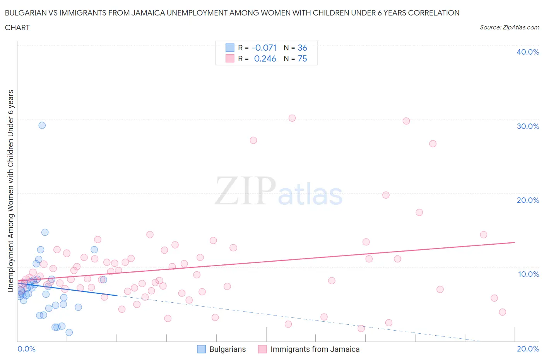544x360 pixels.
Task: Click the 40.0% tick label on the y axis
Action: [527, 52]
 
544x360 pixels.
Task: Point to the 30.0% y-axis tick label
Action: [527, 126]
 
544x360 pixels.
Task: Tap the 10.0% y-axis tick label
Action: [528, 274]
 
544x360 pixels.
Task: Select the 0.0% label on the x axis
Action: [26, 349]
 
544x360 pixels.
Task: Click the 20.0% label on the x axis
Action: [528, 349]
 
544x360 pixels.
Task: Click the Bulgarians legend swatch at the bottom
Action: [202, 349]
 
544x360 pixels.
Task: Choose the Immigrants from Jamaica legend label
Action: [315, 349]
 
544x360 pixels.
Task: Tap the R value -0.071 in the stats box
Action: [264, 48]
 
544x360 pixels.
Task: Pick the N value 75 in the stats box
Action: [302, 58]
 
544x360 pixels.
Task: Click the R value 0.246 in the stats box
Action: [265, 58]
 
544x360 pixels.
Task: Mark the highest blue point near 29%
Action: [42, 125]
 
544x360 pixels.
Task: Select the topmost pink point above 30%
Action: [292, 118]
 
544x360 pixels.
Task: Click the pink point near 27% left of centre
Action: [253, 140]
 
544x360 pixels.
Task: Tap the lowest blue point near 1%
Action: [69, 332]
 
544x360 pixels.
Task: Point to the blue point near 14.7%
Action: [45, 232]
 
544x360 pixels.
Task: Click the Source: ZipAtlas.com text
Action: [509, 27]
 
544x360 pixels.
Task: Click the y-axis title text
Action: [10, 191]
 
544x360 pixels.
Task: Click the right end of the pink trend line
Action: [515, 242]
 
